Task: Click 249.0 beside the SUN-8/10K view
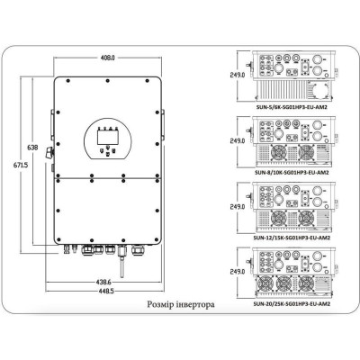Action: (x=238, y=141)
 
